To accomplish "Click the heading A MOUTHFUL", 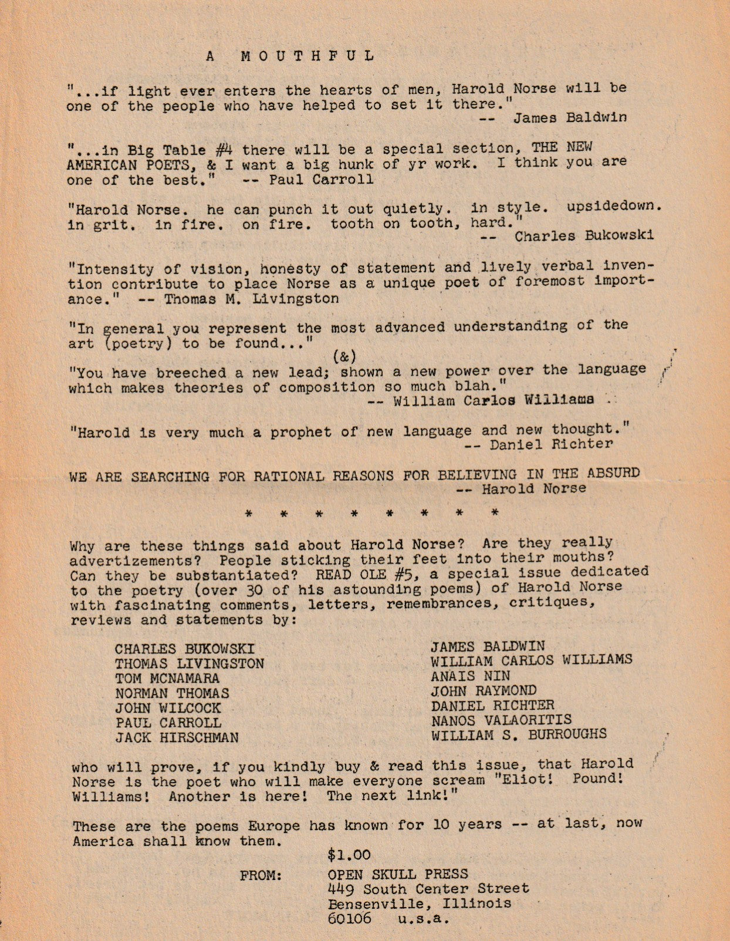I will [290, 56].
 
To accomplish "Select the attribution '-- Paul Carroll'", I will [308, 180].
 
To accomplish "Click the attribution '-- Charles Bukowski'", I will [567, 237].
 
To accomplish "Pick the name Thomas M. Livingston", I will [251, 299].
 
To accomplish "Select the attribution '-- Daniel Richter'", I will [538, 444].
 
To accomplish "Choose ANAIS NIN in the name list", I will [470, 676].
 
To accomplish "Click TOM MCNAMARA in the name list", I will [167, 679].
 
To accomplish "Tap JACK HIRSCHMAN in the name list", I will [177, 737].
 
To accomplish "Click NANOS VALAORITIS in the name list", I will [501, 720].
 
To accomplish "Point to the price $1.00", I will [349, 855].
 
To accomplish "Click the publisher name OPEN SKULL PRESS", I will [398, 875].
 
